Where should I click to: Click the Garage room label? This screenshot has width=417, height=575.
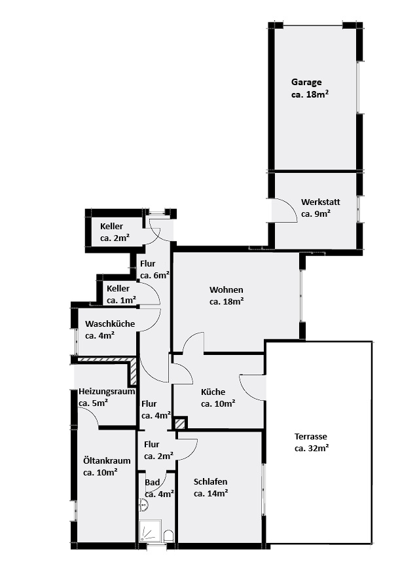click(306, 82)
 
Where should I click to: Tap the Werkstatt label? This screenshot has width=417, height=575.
click(320, 202)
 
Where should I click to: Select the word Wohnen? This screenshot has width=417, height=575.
click(226, 289)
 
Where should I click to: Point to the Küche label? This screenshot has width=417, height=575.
click(213, 392)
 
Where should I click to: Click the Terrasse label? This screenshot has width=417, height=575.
click(311, 436)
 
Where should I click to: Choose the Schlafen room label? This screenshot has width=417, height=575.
click(210, 481)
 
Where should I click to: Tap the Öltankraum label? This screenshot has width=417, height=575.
click(107, 460)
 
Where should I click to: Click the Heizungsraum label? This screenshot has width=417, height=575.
click(107, 391)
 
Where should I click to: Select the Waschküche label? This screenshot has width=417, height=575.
click(110, 324)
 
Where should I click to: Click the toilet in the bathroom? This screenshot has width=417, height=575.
click(168, 536)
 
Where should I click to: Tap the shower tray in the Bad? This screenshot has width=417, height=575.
click(150, 531)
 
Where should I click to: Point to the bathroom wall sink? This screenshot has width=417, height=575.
click(143, 506)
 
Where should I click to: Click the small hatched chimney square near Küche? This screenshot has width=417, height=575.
click(180, 424)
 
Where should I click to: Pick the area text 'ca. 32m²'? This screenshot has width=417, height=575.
click(312, 448)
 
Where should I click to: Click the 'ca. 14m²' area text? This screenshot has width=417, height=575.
click(211, 493)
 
